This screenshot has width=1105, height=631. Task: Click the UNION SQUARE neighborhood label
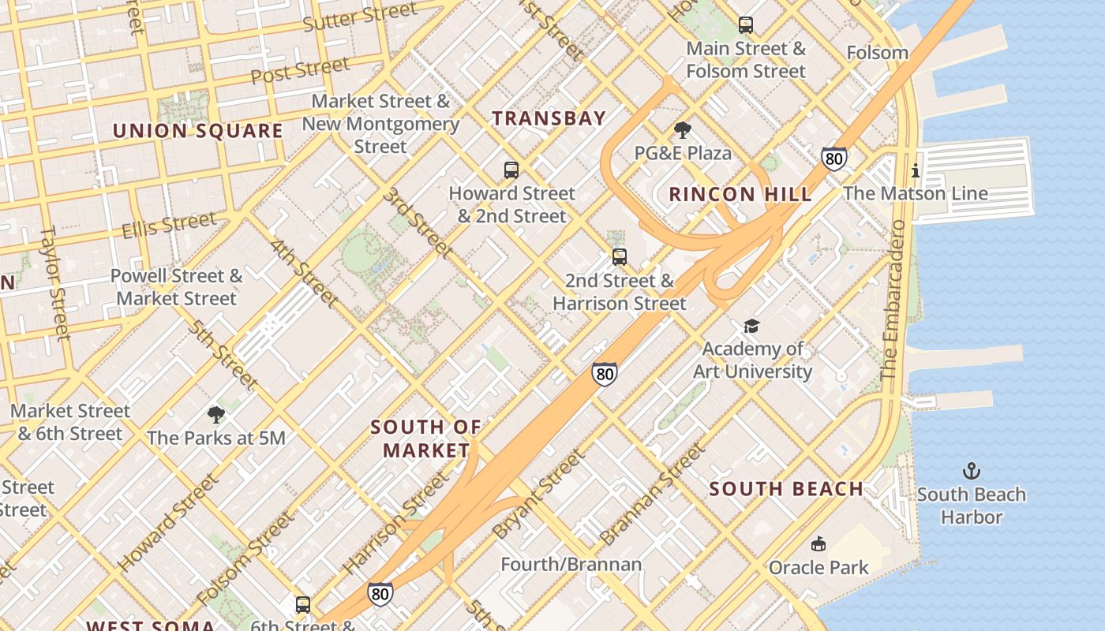[197, 130]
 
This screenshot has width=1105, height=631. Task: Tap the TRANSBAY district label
[549, 119]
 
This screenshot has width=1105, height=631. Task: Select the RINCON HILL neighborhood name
[740, 195]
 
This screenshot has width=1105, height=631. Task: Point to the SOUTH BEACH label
[786, 489]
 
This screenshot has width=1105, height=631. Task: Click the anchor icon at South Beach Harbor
[972, 472]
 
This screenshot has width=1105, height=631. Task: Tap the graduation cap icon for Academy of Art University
[751, 326]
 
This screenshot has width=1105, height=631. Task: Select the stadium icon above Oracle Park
[818, 544]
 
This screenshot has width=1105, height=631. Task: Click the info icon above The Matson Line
[916, 170]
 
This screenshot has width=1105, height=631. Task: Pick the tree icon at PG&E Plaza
[683, 130]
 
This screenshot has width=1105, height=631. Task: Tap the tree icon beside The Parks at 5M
[215, 415]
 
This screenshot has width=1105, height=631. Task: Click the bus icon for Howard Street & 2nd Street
[511, 170]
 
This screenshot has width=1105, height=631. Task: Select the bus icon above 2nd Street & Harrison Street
[620, 257]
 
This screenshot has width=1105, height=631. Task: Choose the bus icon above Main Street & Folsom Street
[746, 25]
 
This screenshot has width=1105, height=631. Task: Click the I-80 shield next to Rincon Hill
[834, 159]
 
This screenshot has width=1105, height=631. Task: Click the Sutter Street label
[360, 17]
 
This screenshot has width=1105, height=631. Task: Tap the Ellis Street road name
[168, 225]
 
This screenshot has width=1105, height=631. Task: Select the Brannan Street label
[651, 495]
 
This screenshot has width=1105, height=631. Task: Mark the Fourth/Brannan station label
[571, 565]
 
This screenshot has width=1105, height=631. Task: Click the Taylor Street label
[54, 284]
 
